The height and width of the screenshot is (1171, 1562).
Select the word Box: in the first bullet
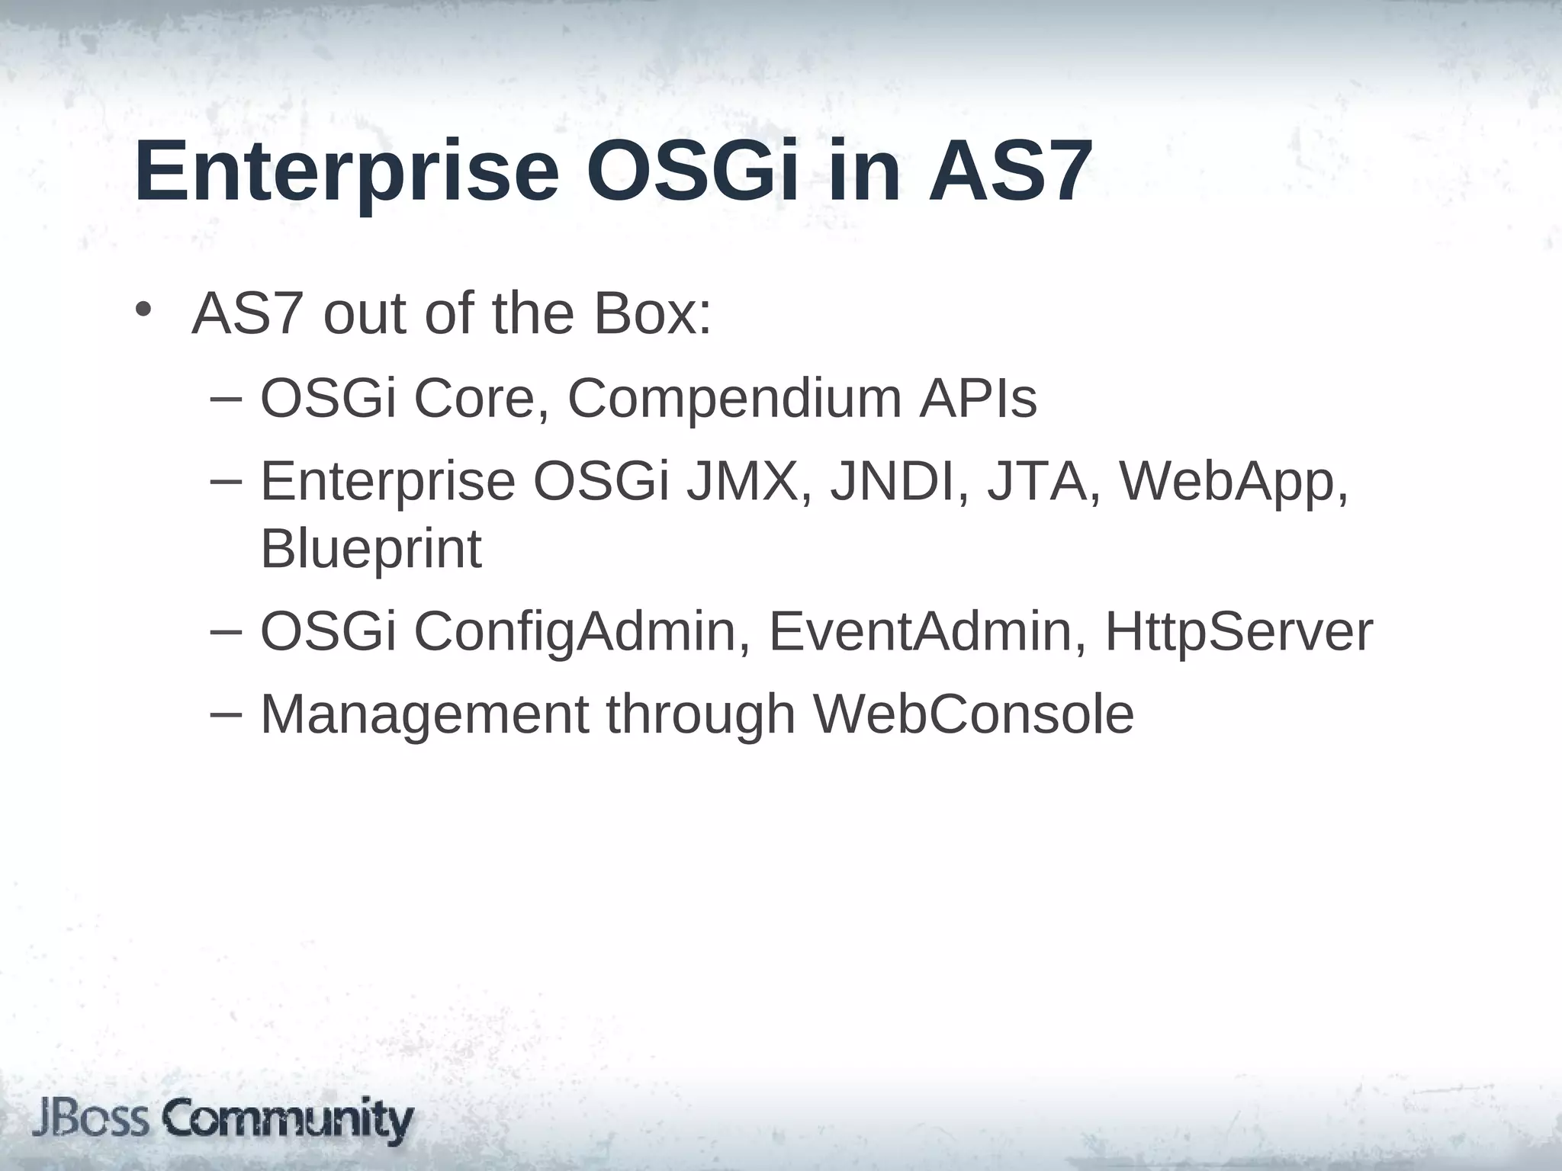[653, 314]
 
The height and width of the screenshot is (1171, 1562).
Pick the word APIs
[978, 398]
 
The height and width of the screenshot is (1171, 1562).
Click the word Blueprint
[371, 549]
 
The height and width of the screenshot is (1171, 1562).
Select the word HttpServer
[1238, 632]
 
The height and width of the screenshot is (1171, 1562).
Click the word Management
[425, 715]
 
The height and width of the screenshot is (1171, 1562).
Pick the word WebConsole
[973, 714]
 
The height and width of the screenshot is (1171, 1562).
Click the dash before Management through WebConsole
[225, 713]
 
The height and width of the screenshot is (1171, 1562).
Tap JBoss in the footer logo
[91, 1120]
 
